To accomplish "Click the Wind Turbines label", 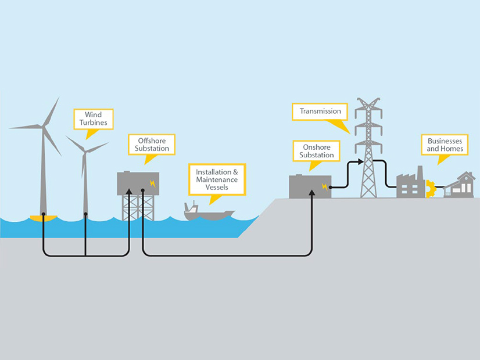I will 94,119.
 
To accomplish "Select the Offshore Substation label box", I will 153,144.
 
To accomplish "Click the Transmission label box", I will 320,111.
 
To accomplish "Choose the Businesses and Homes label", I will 446,145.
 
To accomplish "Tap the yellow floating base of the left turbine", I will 44,218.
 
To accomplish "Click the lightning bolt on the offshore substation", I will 153,183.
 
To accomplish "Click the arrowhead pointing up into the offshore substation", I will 128,191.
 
